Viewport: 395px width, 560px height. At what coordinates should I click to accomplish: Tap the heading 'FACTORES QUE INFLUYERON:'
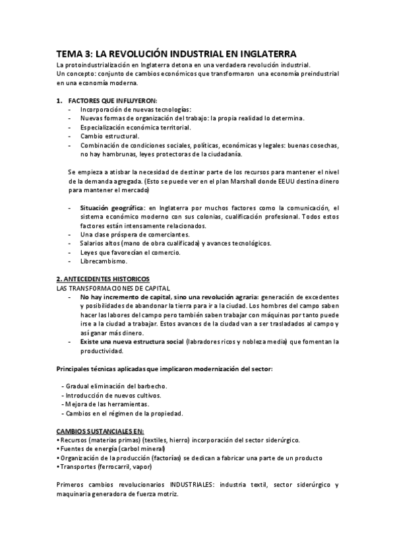tap(112, 100)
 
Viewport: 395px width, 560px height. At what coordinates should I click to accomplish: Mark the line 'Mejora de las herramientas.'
tap(106, 404)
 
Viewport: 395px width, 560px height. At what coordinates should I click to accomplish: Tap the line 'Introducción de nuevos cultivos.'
tap(112, 395)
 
